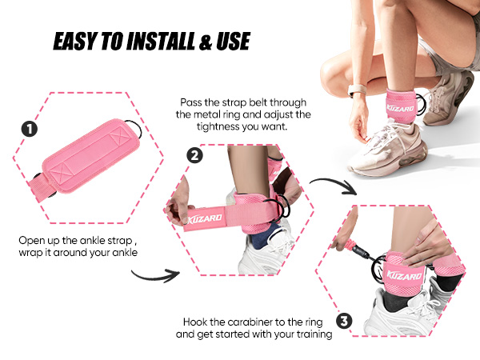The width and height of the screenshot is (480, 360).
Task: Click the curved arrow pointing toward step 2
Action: tap(151, 274)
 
